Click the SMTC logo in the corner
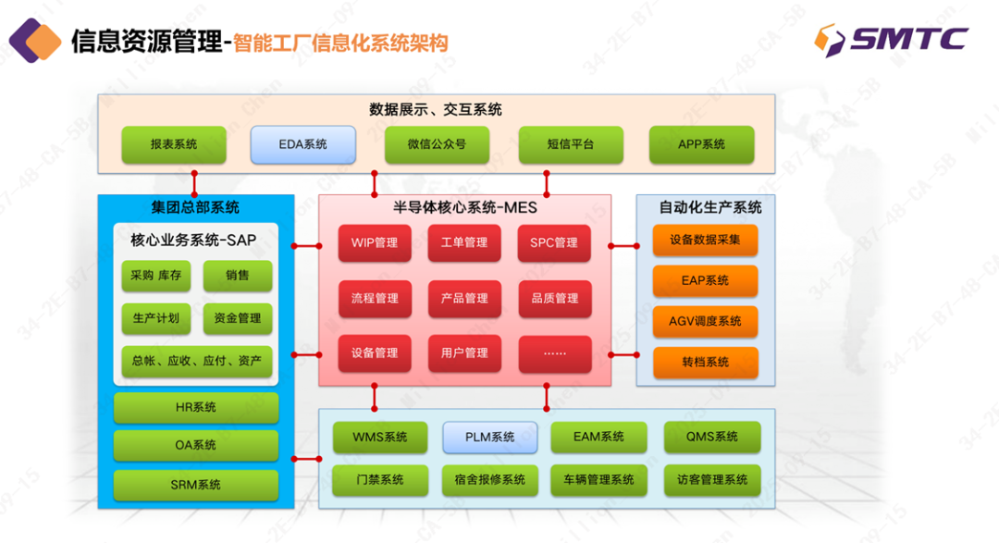pyautogui.click(x=891, y=39)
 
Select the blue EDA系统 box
pyautogui.click(x=303, y=144)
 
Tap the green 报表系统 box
pyautogui.click(x=174, y=144)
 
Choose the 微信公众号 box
pyautogui.click(x=437, y=144)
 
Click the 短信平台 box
pyautogui.click(x=570, y=144)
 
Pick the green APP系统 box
pyautogui.click(x=701, y=144)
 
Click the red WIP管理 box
pyautogui.click(x=375, y=243)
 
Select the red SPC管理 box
pyautogui.click(x=554, y=243)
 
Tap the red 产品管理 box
pyautogui.click(x=464, y=299)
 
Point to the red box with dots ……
pyautogui.click(x=554, y=352)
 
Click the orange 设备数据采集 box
pyautogui.click(x=705, y=241)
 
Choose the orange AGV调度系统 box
pyautogui.click(x=705, y=321)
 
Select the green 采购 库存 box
pyautogui.click(x=155, y=276)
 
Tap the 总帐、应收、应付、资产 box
pyautogui.click(x=197, y=361)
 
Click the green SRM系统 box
pyautogui.click(x=196, y=485)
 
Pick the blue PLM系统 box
pyautogui.click(x=490, y=438)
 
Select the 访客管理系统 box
pyautogui.click(x=712, y=480)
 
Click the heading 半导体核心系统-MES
pyautogui.click(x=464, y=207)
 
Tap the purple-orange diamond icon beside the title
pyautogui.click(x=35, y=40)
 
